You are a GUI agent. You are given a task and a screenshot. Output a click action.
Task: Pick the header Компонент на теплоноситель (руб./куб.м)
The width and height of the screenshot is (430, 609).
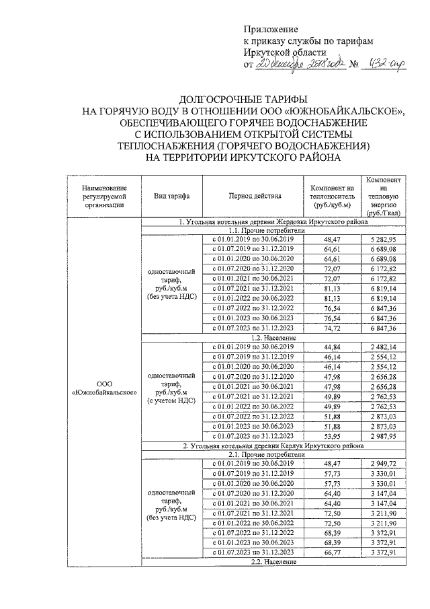point(332,196)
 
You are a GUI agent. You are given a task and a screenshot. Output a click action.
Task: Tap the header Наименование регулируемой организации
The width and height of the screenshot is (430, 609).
point(103,196)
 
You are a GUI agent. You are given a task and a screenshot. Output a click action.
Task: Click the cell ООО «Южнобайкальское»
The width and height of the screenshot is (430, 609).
point(103,388)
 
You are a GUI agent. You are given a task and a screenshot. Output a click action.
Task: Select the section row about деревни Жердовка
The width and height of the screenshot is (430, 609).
point(272,221)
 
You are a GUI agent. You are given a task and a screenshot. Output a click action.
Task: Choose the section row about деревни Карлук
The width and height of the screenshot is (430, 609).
point(272,445)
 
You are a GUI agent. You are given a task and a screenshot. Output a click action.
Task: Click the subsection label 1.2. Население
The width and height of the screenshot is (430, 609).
point(272,337)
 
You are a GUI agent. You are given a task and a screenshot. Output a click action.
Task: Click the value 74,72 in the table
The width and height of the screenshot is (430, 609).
point(332,328)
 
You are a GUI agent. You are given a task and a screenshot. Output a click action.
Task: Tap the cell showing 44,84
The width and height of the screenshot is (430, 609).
point(332,347)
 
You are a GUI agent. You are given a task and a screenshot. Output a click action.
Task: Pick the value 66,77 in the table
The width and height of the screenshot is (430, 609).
point(332,552)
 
